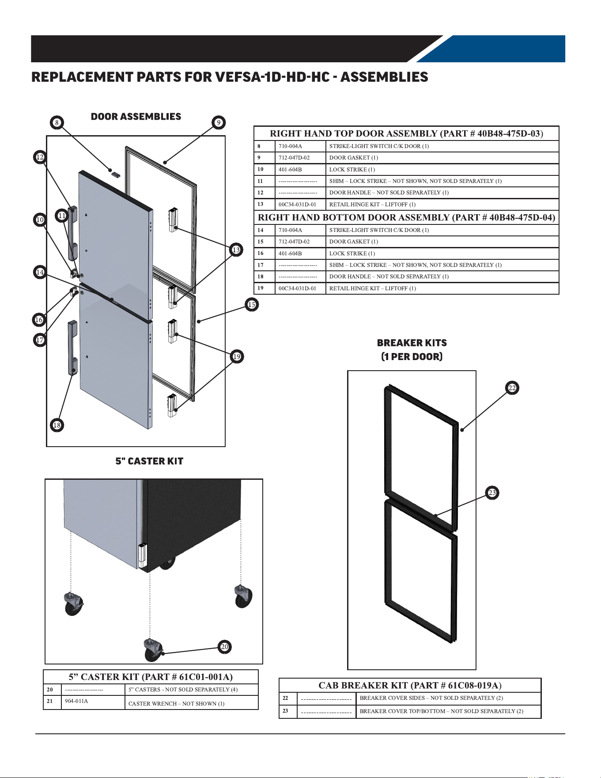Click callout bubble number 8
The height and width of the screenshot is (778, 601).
57,122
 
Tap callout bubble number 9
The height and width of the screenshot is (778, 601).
219,122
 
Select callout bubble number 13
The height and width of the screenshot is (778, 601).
236,250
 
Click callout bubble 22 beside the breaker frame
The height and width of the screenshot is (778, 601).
512,388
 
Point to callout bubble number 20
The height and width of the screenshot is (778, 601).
225,647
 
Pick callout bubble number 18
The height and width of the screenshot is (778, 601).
57,425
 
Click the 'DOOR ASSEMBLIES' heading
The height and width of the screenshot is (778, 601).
136,117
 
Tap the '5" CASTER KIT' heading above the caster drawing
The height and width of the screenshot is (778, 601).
149,461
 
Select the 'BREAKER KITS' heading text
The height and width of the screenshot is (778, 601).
412,343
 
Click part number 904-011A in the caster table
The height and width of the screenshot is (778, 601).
76,701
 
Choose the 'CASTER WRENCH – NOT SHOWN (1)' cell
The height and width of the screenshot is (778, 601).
177,703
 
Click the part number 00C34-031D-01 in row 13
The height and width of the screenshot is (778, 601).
297,204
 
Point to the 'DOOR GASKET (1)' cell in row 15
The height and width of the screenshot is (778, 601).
354,242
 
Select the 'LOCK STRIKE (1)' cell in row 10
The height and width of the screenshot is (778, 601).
352,169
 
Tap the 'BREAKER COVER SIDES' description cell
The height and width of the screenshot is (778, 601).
431,698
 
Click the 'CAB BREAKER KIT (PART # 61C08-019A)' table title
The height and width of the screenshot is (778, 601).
410,685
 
